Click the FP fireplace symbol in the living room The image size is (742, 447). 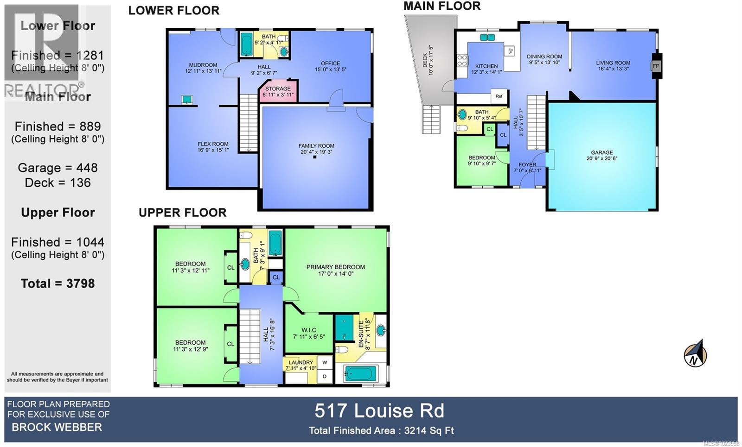pos(656,66)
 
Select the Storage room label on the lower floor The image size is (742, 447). pos(278,91)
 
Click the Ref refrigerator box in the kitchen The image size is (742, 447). pos(499,96)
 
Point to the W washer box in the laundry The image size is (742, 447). pos(325,363)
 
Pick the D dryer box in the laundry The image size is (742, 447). pos(325,376)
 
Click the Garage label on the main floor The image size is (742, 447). pos(601,155)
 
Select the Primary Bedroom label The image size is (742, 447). pos(335,270)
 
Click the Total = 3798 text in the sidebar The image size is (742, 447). pos(58,283)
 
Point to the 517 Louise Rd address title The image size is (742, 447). pos(379,411)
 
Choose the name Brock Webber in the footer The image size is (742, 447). pos(57,427)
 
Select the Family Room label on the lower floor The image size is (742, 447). pos(316,149)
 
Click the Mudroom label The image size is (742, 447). pos(203,68)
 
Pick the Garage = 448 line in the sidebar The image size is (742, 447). pos(58,168)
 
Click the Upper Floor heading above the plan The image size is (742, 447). pos(182,213)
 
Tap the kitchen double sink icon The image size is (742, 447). pos(487,37)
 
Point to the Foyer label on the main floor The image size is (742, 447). pos(527,167)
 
